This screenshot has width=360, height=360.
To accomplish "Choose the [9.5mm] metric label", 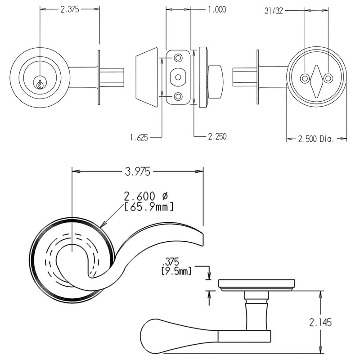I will click(176, 271).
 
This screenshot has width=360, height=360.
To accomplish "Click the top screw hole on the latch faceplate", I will click(178, 58).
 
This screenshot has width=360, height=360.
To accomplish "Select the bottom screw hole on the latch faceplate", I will click(178, 96).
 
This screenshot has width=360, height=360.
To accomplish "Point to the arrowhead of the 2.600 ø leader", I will click(103, 225).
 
